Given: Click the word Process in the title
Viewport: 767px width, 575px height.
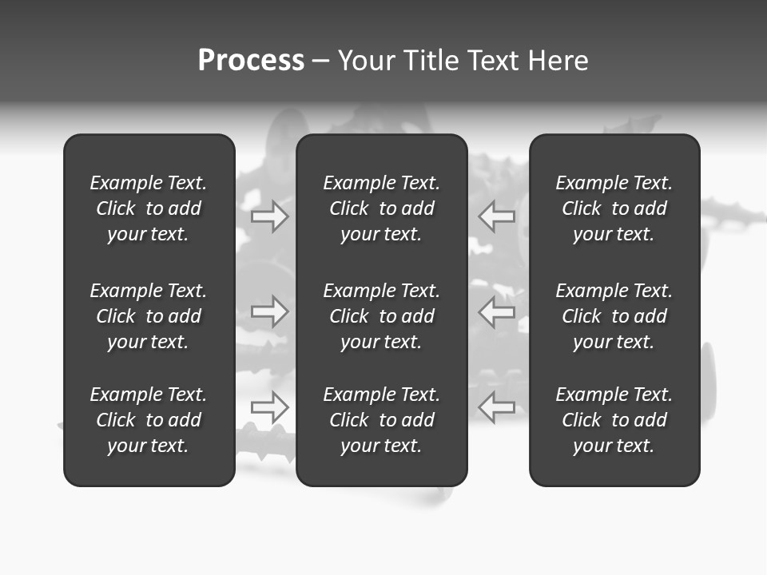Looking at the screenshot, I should click(251, 61).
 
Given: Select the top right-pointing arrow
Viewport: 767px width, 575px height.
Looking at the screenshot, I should click(269, 216).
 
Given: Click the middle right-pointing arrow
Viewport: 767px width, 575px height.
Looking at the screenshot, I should click(269, 311).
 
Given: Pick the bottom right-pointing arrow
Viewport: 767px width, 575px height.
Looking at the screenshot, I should click(269, 406).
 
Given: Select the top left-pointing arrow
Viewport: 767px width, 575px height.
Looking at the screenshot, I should click(496, 216).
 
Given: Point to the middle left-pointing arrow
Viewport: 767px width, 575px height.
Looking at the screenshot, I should click(496, 311).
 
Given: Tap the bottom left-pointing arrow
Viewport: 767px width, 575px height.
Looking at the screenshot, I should click(496, 406).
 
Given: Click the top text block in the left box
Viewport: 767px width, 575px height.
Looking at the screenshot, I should click(149, 208).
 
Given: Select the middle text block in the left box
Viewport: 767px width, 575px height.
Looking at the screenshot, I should click(149, 316).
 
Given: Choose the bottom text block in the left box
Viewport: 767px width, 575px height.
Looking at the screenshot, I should click(149, 420).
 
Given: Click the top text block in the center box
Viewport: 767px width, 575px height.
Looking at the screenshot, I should click(382, 208).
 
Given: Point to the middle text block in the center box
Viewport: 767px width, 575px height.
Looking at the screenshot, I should click(382, 316).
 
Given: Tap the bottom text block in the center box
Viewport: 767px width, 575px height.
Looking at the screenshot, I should click(382, 420).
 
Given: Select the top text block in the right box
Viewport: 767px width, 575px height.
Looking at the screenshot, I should click(614, 208).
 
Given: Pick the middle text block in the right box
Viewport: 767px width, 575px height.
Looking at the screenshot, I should click(614, 316).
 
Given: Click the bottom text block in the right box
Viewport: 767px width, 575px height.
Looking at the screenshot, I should click(614, 420).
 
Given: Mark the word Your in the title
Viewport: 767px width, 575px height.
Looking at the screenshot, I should click(367, 61).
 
